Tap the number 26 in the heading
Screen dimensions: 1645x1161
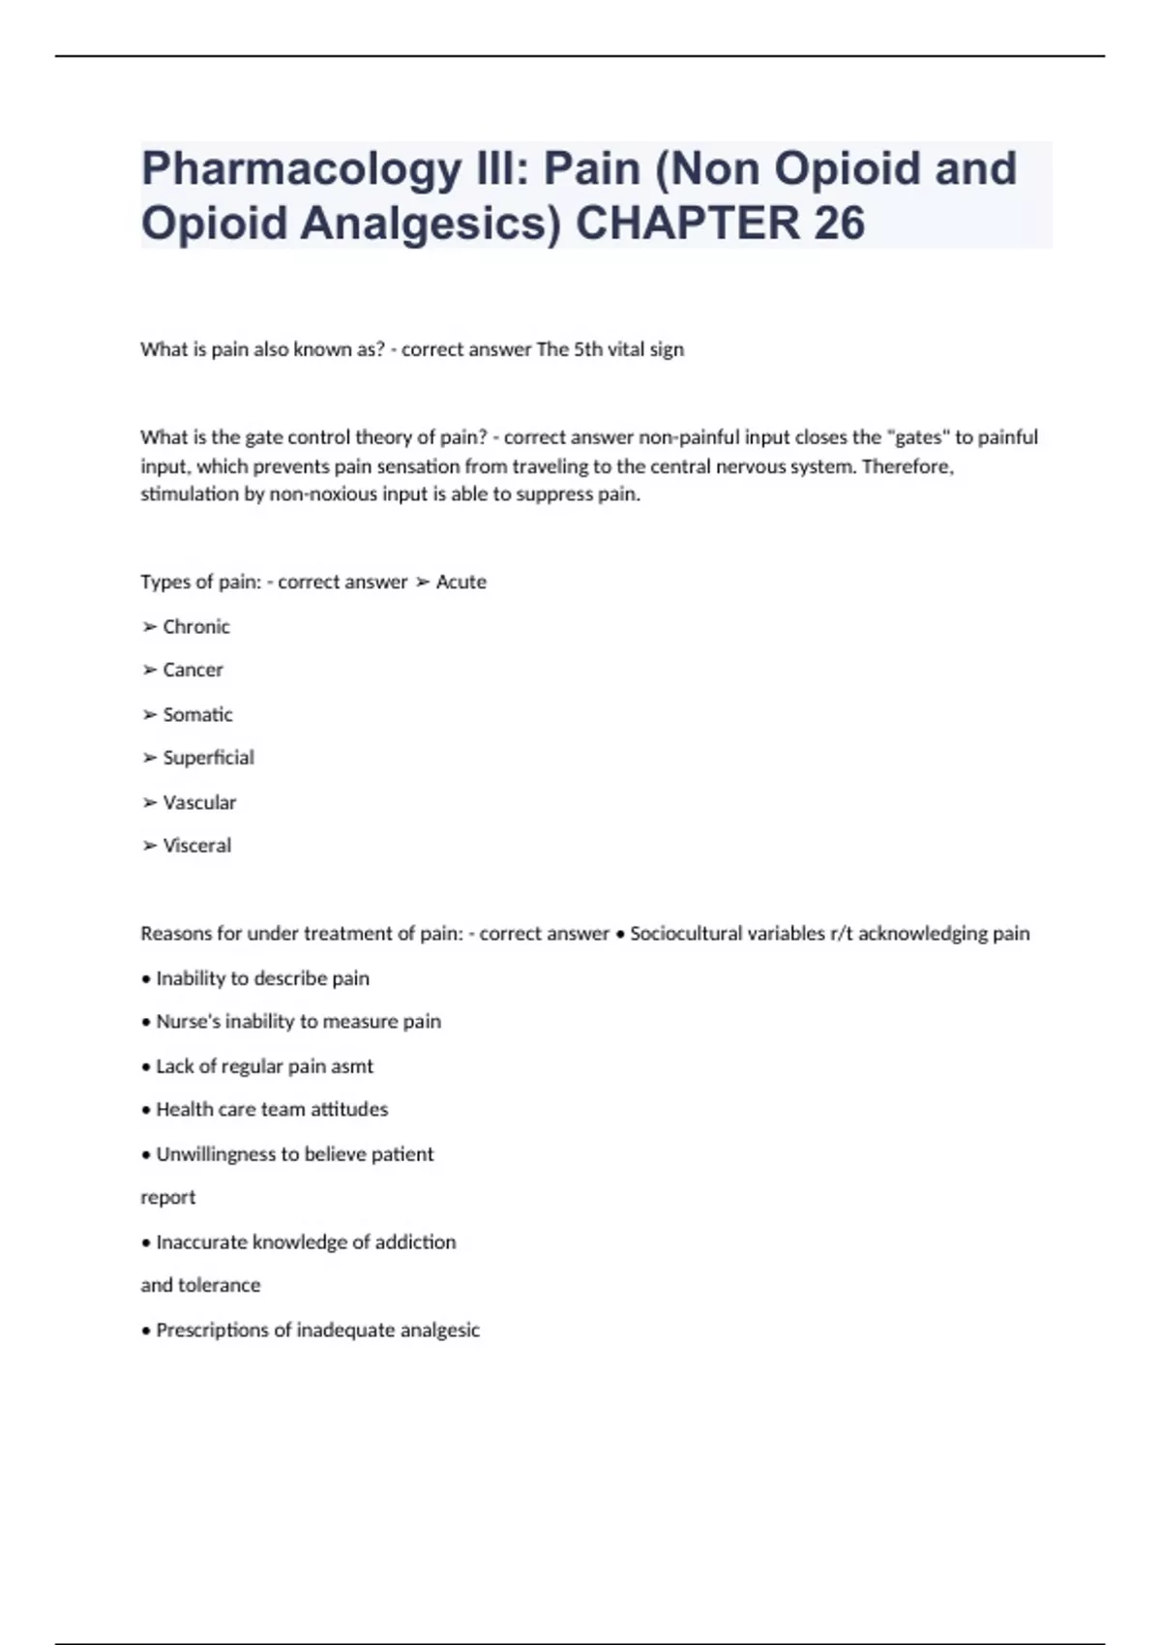(839, 224)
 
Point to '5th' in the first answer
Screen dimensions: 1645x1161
(588, 349)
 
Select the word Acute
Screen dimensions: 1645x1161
(461, 583)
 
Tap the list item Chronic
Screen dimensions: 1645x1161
(196, 627)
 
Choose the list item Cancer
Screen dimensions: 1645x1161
(193, 670)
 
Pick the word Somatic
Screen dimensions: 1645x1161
(197, 715)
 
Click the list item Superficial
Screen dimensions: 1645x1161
(208, 758)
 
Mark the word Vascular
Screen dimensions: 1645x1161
(199, 802)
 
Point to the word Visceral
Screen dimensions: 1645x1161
(197, 846)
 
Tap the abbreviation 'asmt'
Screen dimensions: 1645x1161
(352, 1066)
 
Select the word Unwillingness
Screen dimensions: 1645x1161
(216, 1154)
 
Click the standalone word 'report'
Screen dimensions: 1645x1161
(168, 1198)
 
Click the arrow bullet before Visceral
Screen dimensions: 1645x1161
(150, 846)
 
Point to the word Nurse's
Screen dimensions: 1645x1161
(188, 1022)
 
